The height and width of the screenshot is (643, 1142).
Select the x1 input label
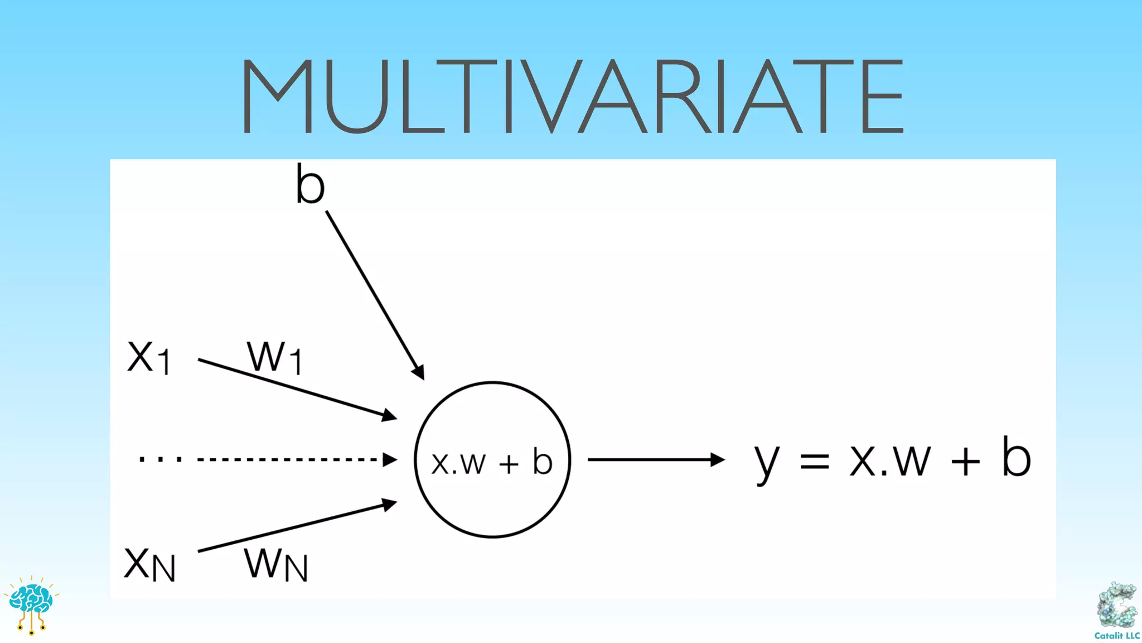click(x=148, y=357)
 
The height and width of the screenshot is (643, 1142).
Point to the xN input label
click(x=149, y=563)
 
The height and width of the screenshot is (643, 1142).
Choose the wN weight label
click(x=276, y=564)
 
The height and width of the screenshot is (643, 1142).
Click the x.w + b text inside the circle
click(x=492, y=462)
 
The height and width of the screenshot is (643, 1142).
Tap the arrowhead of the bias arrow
click(x=419, y=372)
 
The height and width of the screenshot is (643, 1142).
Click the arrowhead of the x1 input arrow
click(x=390, y=415)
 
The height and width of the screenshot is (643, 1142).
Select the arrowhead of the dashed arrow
click(x=390, y=460)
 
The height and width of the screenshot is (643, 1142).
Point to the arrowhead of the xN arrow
click(x=390, y=505)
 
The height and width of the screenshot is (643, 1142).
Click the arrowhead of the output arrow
click(x=718, y=460)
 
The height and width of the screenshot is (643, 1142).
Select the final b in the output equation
click(x=1016, y=457)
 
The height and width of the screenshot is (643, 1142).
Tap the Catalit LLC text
click(x=1117, y=636)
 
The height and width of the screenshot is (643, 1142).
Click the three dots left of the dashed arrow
click(x=160, y=460)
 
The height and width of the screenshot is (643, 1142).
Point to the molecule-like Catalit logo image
click(x=1117, y=606)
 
